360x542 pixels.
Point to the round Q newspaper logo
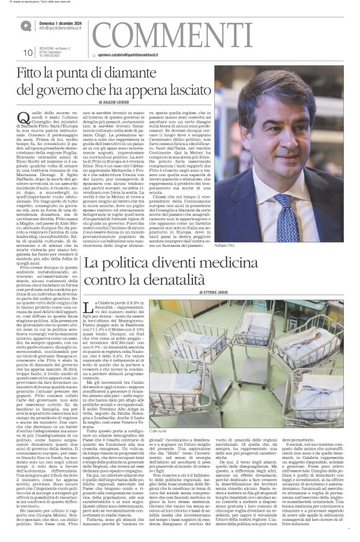click(x=26, y=25)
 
